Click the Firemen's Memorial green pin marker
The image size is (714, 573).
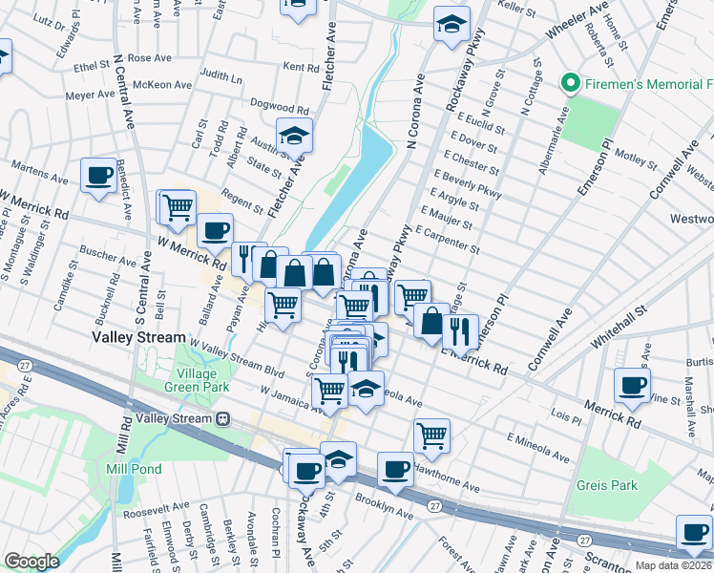tap(572, 84)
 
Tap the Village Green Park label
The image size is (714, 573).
tap(202, 380)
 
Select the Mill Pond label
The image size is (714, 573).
tap(134, 469)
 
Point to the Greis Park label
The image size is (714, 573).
tap(606, 485)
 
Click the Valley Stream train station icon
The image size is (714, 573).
tap(223, 418)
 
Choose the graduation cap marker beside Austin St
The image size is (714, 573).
tap(295, 135)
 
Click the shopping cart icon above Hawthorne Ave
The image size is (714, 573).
tap(431, 435)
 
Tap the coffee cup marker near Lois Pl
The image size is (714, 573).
tap(631, 384)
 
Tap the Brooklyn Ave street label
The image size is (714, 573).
tap(384, 505)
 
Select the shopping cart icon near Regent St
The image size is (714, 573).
tap(177, 205)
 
